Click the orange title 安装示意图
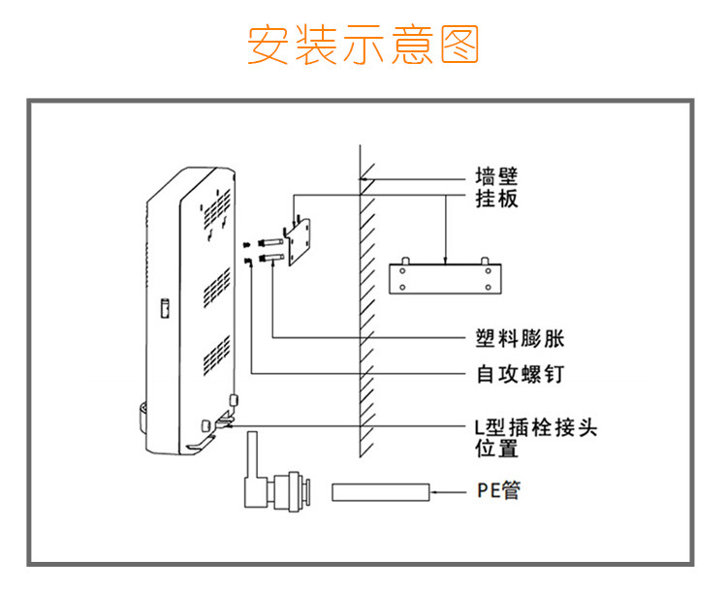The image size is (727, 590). (x=363, y=45)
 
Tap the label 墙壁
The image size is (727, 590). (x=496, y=176)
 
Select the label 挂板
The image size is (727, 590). (x=496, y=199)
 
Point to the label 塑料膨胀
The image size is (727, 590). (x=520, y=338)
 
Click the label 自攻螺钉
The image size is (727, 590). (x=520, y=374)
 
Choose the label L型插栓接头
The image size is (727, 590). (x=536, y=427)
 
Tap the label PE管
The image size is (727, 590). (x=498, y=490)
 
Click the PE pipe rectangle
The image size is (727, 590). (x=381, y=492)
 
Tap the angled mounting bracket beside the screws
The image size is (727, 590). (x=297, y=241)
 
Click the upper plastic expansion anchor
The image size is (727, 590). (x=271, y=243)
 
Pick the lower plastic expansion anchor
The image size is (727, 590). (x=271, y=258)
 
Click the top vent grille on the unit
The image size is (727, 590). (x=216, y=210)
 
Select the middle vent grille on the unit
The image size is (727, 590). (x=216, y=289)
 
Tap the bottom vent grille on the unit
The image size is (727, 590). (x=216, y=356)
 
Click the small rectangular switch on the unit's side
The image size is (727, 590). (x=165, y=308)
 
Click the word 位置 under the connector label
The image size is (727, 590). (x=496, y=449)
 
